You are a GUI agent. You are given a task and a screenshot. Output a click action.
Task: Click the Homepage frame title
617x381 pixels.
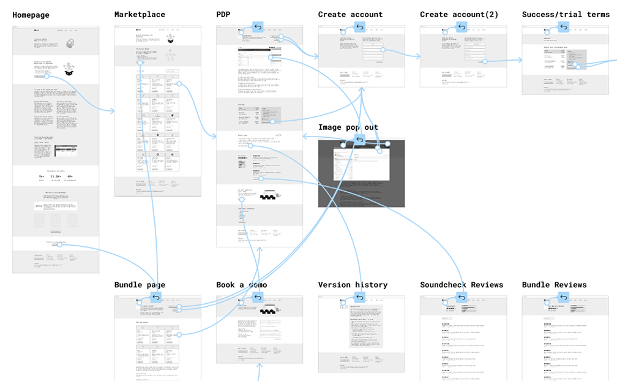[x=31, y=15]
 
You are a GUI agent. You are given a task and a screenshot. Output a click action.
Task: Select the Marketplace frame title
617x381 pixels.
[x=140, y=15]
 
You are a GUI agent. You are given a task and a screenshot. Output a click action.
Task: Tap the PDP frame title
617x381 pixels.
[x=223, y=15]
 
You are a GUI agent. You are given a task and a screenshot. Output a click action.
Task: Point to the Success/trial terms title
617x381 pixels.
[x=566, y=15]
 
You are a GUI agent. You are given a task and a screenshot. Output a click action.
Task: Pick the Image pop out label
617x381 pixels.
[x=348, y=127]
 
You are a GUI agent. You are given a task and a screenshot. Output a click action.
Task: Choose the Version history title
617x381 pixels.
[x=353, y=285]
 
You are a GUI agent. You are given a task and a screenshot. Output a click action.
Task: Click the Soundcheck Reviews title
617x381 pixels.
[x=462, y=285]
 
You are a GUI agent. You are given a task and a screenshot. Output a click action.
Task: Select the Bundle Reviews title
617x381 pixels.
[x=554, y=285]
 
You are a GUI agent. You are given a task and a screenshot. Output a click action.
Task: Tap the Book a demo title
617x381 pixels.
[x=241, y=285]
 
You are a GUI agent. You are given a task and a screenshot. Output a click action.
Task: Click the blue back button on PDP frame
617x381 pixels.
[x=258, y=27]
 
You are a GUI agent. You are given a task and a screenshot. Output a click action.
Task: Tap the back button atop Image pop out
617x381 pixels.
[x=360, y=140]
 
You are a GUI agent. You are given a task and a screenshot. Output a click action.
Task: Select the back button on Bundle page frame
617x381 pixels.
[x=155, y=298]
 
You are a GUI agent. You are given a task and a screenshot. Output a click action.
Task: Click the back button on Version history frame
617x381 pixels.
[x=360, y=298]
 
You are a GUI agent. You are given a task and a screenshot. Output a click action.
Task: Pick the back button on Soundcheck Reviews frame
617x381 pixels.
[x=462, y=298]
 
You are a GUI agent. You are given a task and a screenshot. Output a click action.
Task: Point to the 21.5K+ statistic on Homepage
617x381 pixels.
[x=56, y=176]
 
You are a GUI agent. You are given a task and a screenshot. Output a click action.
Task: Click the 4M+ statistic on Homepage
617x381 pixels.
[x=70, y=176]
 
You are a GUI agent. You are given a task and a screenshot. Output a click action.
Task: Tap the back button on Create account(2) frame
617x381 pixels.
[x=462, y=27]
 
